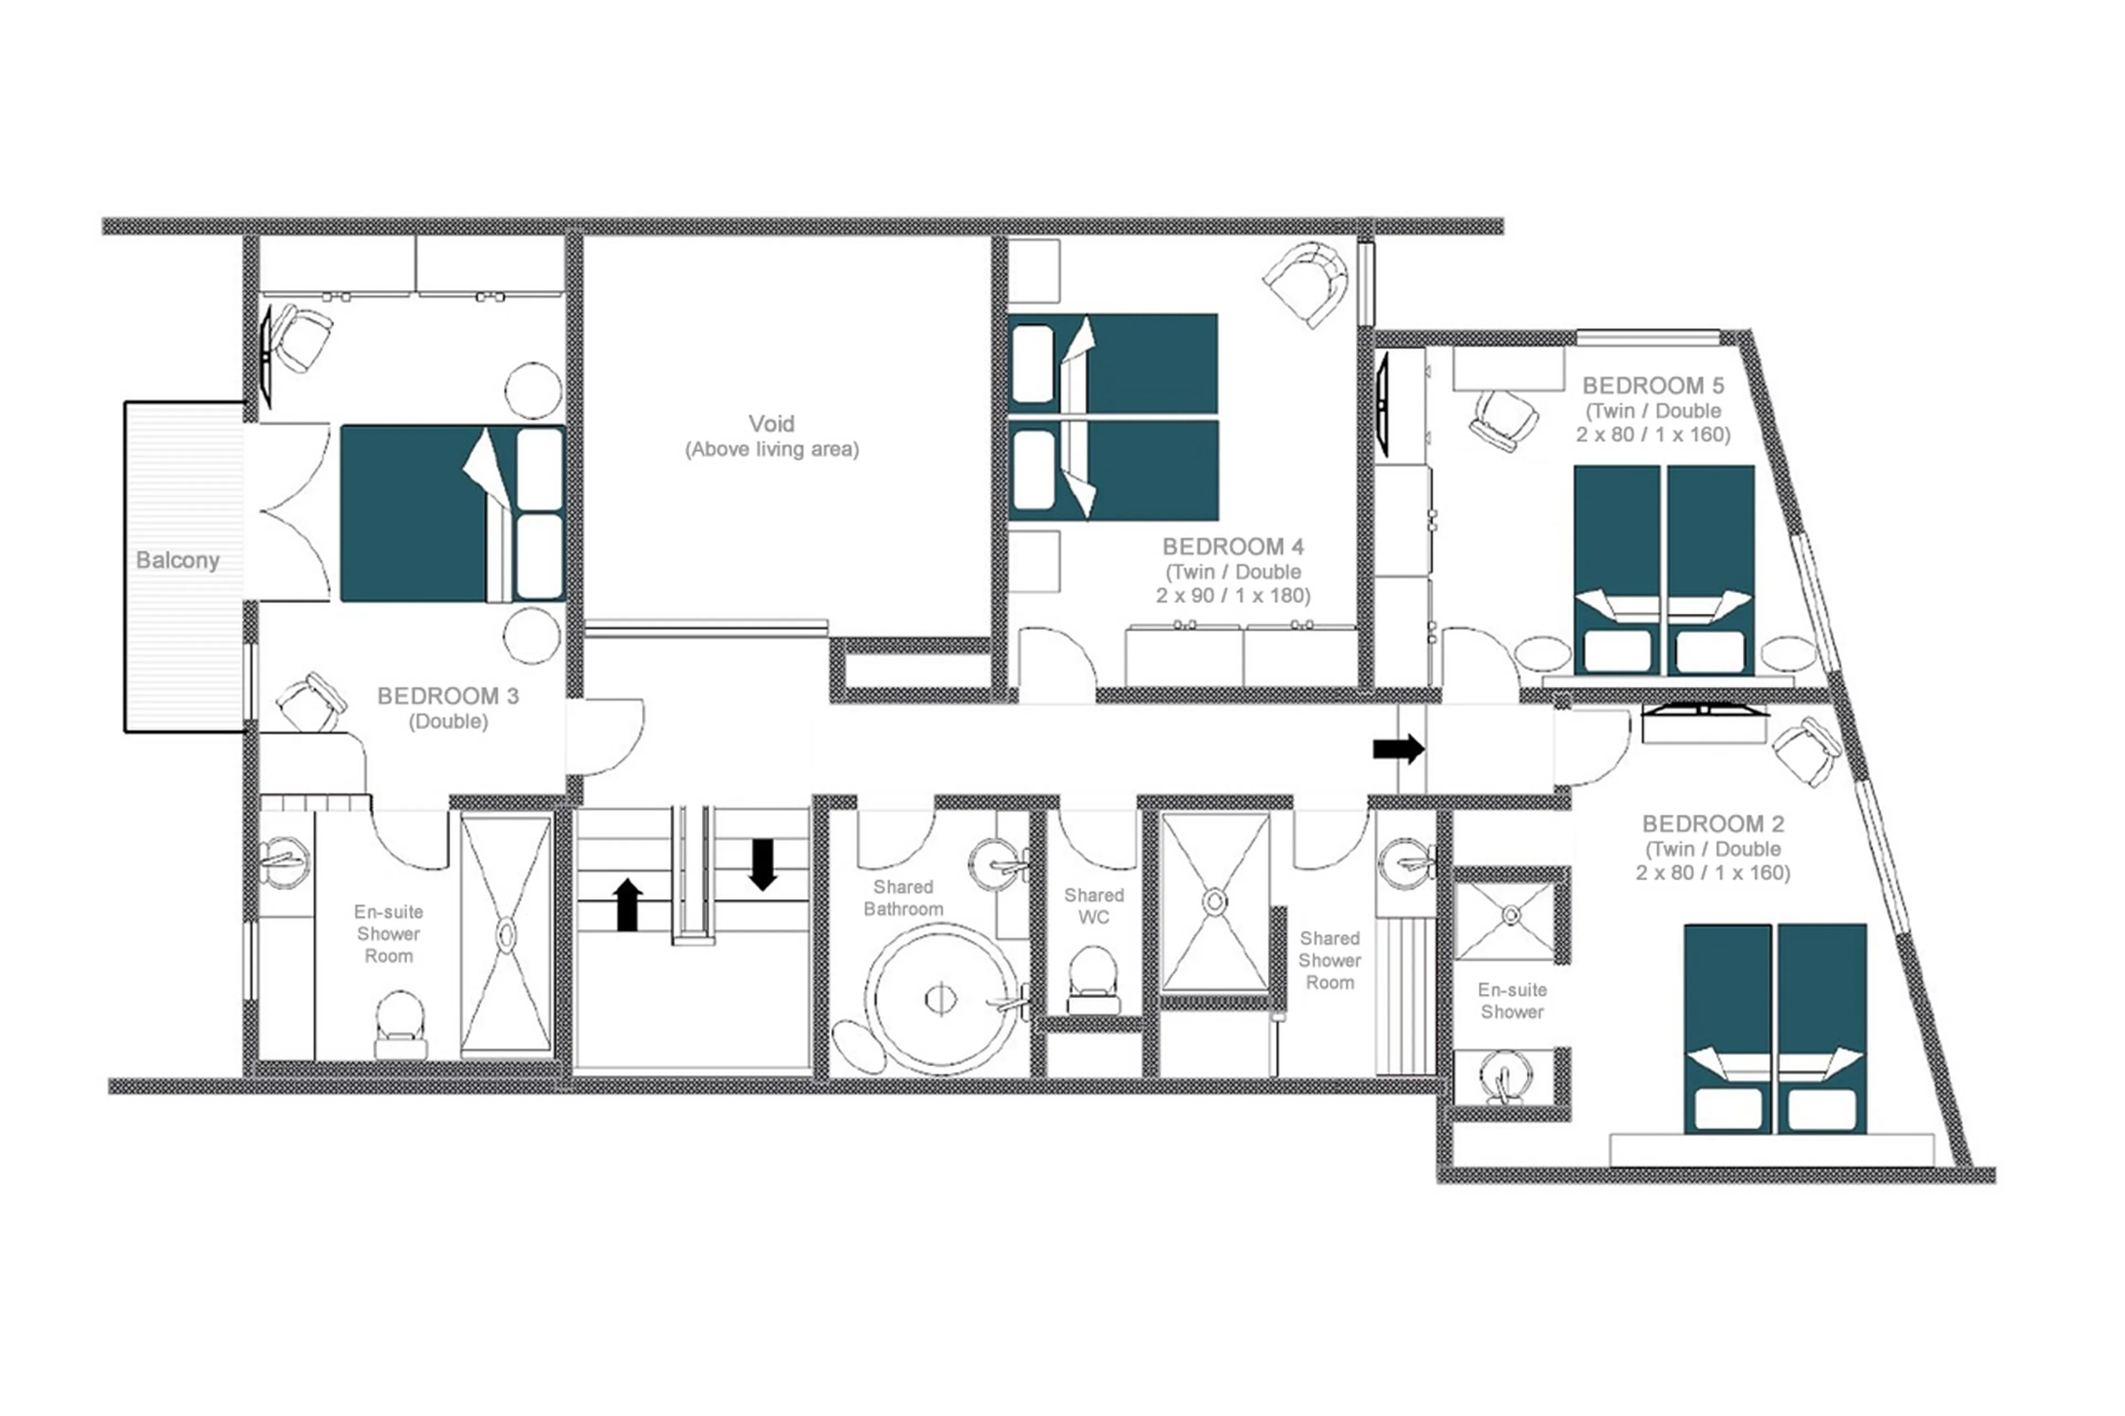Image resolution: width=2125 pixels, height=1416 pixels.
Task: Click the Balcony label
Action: click(x=178, y=560)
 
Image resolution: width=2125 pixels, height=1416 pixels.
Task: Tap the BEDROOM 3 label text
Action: click(x=448, y=696)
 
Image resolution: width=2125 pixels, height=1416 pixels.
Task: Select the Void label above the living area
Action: click(x=771, y=423)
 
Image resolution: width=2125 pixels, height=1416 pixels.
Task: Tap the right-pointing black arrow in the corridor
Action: click(x=1398, y=748)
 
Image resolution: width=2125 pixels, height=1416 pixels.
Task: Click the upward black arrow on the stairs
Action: click(x=627, y=905)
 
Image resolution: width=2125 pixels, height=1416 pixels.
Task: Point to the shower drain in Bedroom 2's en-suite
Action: click(x=1511, y=916)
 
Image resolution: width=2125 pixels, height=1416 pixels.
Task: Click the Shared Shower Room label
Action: click(x=1329, y=960)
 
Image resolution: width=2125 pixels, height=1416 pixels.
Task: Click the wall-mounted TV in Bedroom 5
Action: click(x=1382, y=404)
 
